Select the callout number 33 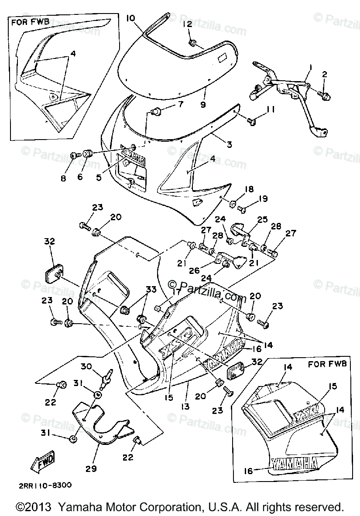point(151,290)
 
